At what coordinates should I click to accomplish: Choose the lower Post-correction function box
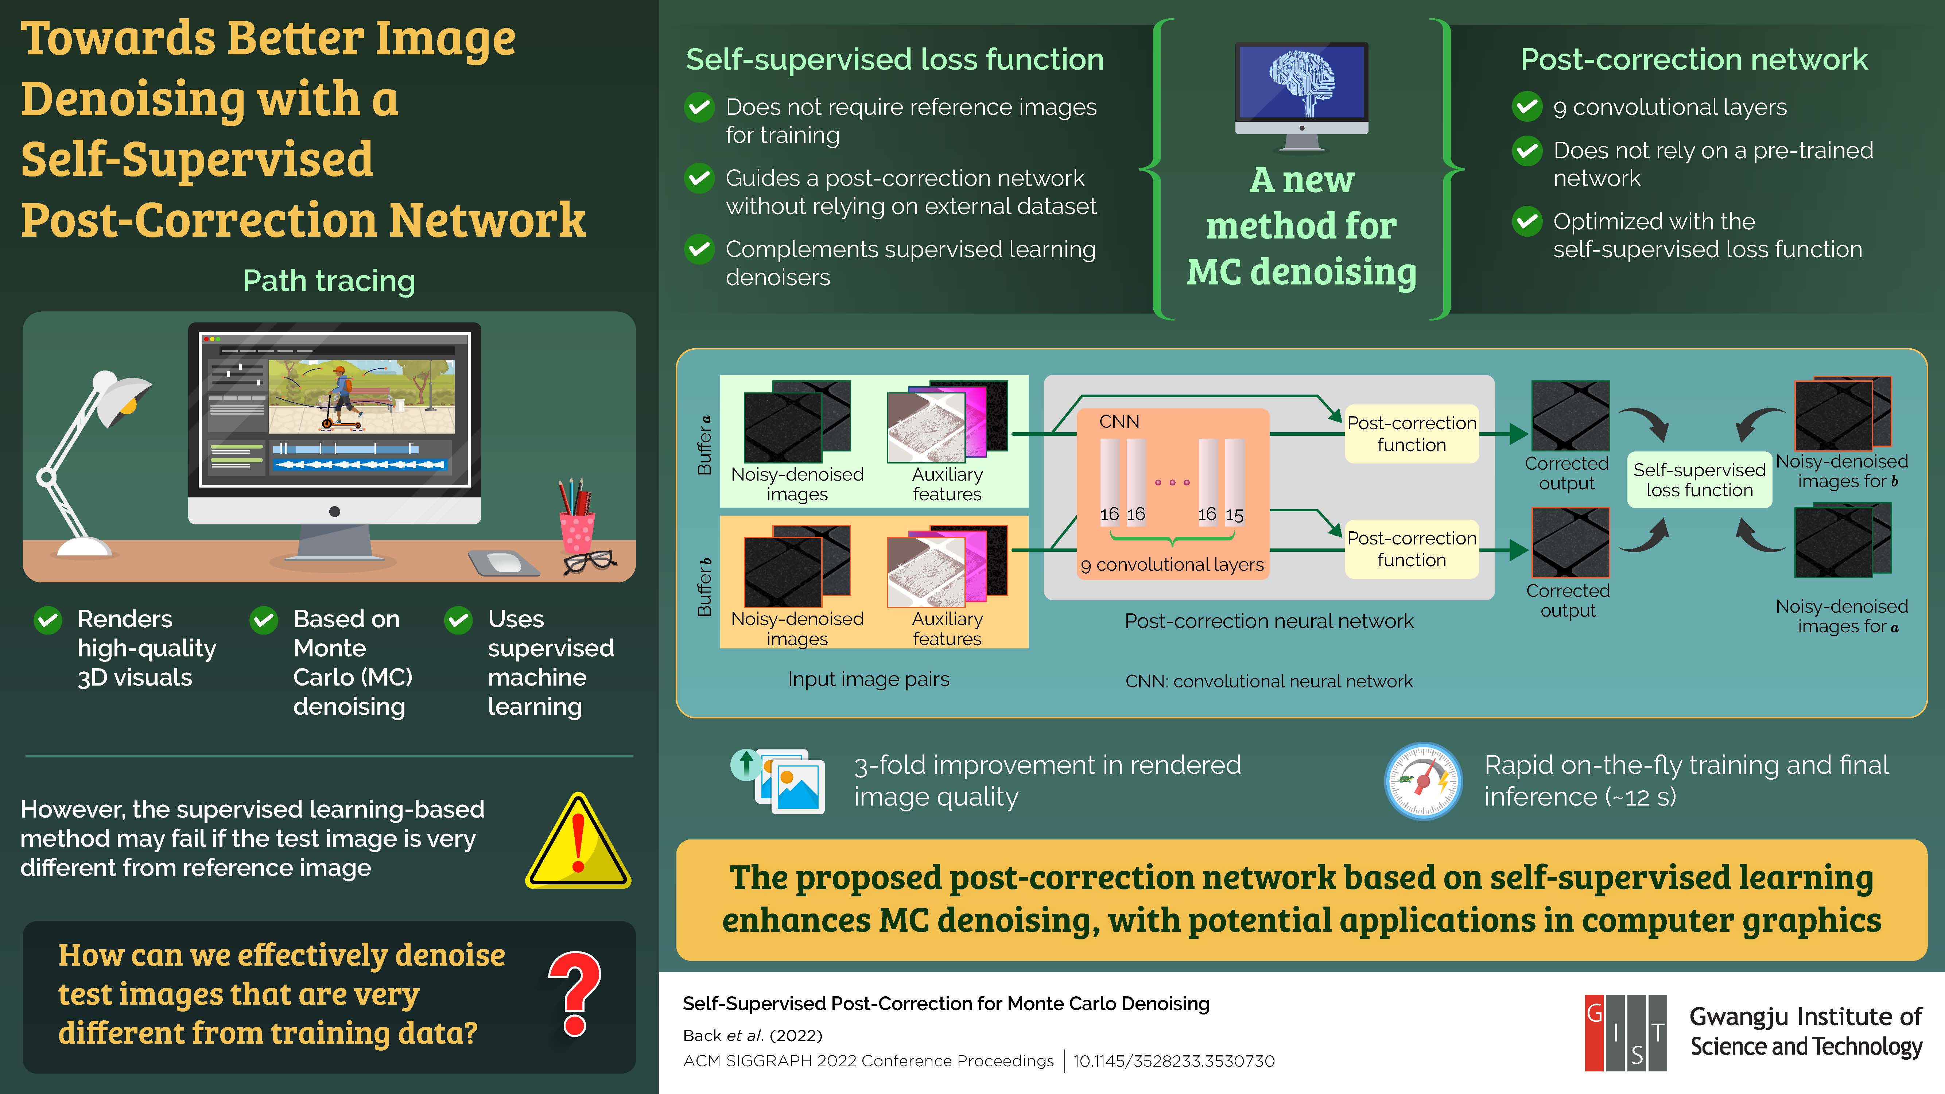pyautogui.click(x=1411, y=549)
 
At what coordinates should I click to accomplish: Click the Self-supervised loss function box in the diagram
pyautogui.click(x=1699, y=480)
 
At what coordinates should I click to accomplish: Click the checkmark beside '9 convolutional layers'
pyautogui.click(x=1527, y=107)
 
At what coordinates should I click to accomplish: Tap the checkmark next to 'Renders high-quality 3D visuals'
pyautogui.click(x=47, y=620)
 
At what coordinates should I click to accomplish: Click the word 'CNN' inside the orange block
pyautogui.click(x=1119, y=421)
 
